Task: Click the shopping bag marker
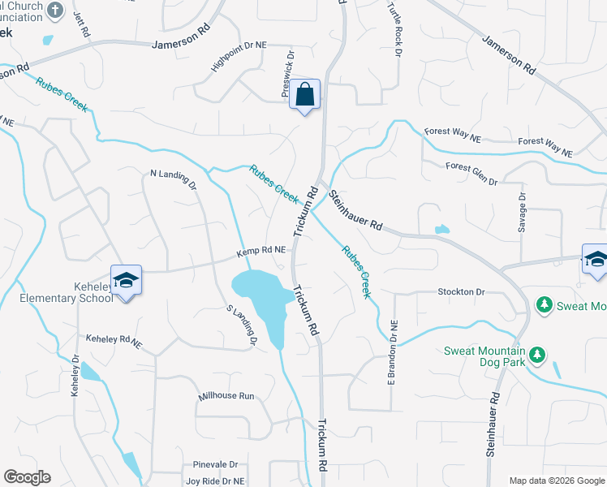coord(304,94)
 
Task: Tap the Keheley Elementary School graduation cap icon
coord(126,280)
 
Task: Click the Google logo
coord(27,477)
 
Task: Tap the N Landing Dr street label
coord(174,178)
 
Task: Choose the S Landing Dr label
coord(242,325)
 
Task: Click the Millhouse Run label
coord(227,396)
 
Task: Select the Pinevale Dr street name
coord(215,465)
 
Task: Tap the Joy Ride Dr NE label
coord(215,481)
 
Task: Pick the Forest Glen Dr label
coord(471,173)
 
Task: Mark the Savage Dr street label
coord(522,211)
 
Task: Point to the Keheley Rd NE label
coord(114,342)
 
